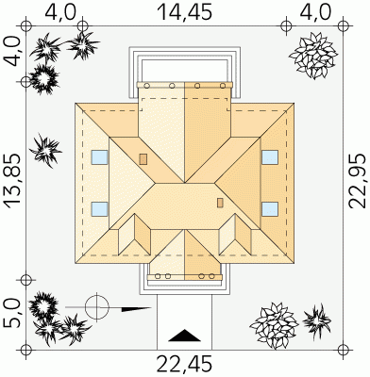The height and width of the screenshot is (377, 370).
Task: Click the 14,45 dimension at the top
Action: [184, 12]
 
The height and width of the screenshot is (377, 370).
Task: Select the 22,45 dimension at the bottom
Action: [184, 365]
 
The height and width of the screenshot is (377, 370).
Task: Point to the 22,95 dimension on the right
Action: [358, 181]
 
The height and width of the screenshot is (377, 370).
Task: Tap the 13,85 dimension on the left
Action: [13, 181]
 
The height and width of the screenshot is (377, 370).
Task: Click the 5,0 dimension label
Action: [13, 313]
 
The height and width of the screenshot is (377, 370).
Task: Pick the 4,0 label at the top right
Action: [315, 12]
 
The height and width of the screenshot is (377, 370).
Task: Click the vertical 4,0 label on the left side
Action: [13, 52]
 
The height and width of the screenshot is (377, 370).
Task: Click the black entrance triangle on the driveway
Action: [184, 336]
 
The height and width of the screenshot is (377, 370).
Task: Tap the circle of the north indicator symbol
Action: [96, 307]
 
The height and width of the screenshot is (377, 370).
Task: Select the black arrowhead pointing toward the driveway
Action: [136, 309]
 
